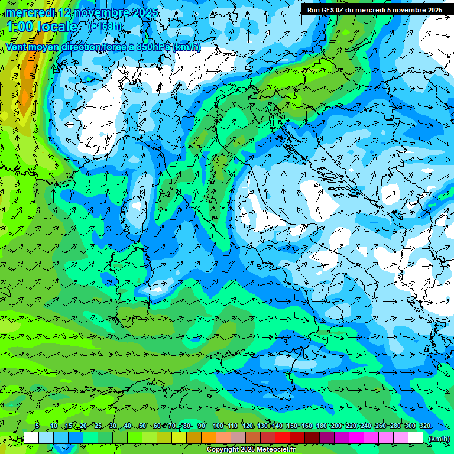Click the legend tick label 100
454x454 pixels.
(218, 426)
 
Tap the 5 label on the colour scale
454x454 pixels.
(37, 426)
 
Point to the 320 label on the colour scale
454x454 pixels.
(424, 426)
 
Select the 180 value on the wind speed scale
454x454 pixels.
(321, 426)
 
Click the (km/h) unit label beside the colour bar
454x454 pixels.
(439, 439)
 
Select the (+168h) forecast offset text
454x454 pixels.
(105, 26)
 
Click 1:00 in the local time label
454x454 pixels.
(20, 27)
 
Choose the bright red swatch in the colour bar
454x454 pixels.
(282, 438)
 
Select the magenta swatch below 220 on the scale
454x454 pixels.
(356, 438)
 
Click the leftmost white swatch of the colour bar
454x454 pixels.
(31, 438)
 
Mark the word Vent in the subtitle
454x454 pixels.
(17, 47)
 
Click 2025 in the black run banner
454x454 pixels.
(434, 10)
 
